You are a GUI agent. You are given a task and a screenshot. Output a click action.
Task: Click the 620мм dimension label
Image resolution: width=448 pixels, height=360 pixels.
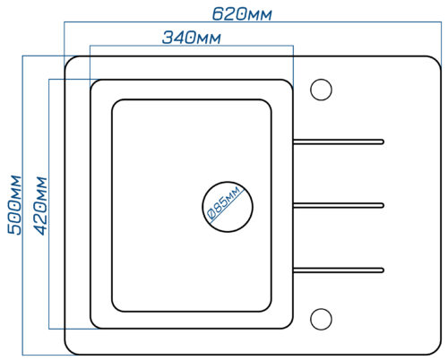242,14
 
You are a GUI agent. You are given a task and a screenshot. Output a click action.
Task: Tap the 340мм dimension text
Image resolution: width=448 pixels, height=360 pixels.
192,38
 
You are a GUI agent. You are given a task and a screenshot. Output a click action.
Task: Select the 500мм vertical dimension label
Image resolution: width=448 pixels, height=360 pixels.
14,205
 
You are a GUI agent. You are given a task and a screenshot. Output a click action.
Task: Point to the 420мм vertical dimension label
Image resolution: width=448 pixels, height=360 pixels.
40,206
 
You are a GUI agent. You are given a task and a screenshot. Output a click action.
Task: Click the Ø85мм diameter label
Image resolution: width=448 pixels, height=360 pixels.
224,202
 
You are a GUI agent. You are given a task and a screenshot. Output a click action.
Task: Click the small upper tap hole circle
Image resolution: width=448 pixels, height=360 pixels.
321,90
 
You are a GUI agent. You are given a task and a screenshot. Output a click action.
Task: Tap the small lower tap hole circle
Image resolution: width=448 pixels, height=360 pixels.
321,319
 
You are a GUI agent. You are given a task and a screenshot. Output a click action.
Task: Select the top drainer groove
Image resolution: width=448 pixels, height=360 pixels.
339,141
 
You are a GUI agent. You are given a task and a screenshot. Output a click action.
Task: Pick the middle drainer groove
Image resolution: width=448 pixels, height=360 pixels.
339,205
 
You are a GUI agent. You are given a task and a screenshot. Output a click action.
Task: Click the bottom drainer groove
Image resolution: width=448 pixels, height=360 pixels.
339,270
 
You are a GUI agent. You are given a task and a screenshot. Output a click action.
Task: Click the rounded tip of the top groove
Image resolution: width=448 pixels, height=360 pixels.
383,141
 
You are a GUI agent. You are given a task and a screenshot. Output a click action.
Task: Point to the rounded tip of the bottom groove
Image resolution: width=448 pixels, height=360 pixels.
383,270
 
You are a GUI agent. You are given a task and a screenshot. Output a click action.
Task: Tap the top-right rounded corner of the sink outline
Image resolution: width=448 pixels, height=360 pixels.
436,61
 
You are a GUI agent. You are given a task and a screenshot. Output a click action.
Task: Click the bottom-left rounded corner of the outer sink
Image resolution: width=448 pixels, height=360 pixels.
69,350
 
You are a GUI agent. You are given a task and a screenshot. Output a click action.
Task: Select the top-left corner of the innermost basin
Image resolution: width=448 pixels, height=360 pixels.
116,103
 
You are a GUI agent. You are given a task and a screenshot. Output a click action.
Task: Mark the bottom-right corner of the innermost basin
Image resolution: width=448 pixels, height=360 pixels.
268,308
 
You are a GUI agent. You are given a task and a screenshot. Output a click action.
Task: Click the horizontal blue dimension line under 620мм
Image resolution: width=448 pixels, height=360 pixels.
253,21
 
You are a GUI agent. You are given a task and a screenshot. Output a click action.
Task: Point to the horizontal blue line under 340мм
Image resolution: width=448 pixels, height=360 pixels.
192,46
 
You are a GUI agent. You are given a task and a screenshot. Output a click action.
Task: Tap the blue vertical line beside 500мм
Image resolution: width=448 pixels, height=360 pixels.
22,205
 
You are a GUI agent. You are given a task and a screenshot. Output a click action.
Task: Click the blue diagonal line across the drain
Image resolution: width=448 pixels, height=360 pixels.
227,205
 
